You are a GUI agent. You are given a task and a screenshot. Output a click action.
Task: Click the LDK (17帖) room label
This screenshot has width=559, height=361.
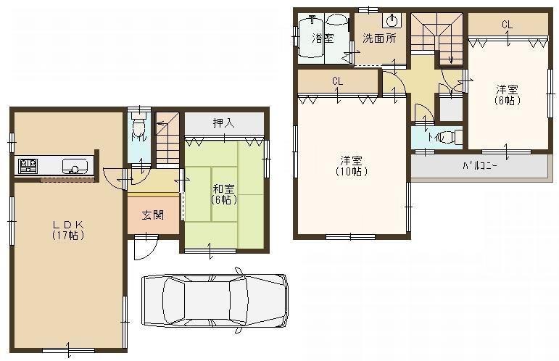point(67,231)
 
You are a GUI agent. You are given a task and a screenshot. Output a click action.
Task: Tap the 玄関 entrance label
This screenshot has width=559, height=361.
point(152,215)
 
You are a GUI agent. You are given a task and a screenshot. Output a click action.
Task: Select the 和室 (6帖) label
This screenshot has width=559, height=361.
point(223,194)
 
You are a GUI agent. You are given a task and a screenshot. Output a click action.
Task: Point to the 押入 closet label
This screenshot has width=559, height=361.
point(223,123)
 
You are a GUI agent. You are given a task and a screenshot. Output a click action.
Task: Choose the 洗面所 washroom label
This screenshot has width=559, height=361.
point(379,38)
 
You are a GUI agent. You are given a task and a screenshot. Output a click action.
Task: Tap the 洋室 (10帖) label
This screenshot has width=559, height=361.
point(351,167)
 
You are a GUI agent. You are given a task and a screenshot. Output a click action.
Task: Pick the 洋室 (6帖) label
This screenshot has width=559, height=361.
point(507,94)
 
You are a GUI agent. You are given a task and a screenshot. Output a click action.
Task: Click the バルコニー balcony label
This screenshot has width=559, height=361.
point(479,165)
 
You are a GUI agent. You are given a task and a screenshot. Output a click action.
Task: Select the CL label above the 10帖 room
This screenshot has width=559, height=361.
point(337,80)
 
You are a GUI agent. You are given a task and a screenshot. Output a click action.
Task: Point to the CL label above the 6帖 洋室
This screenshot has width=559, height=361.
point(507,25)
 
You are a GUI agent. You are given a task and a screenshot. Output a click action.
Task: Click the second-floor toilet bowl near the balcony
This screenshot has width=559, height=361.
point(447,136)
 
